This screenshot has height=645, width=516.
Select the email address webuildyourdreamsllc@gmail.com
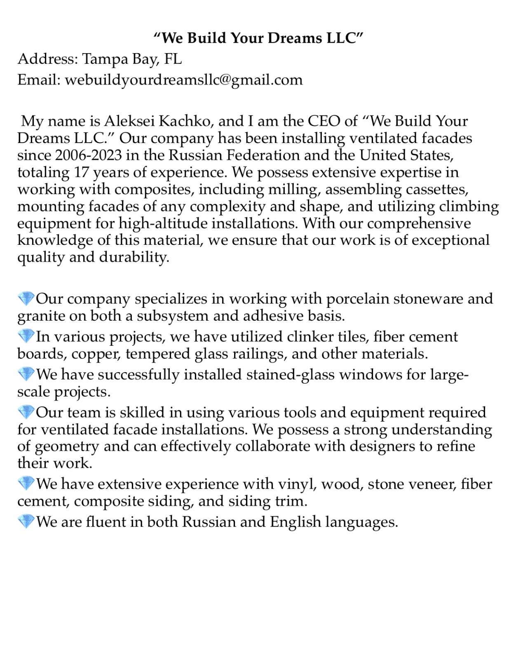pyautogui.click(x=184, y=80)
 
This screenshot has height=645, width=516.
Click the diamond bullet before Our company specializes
pyautogui.click(x=26, y=299)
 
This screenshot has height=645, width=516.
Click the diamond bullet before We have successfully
pyautogui.click(x=26, y=375)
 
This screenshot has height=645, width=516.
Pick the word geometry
pyautogui.click(x=67, y=447)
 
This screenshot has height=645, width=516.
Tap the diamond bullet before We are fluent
pyautogui.click(x=26, y=522)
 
